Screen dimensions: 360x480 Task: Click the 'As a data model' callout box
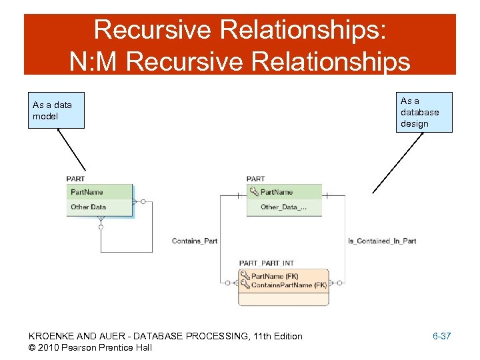coord(56,110)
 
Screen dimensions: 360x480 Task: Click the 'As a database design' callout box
coord(424,112)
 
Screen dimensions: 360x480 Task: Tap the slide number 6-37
coord(441,336)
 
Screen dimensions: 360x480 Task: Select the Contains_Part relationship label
coord(195,241)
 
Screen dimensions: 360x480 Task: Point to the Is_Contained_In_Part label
coord(382,241)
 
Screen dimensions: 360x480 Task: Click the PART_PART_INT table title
coord(267,263)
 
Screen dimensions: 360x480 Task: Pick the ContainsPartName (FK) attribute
coord(289,285)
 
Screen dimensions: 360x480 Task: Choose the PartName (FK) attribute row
coord(275,276)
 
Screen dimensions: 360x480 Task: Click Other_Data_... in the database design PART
coord(283,207)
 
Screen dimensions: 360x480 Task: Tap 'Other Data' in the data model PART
coord(89,207)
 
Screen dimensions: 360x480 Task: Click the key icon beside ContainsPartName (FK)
coord(245,285)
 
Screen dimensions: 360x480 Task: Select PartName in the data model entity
coord(87,192)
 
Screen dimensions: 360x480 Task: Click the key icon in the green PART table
coord(253,192)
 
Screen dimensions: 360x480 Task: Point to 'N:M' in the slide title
coord(95,61)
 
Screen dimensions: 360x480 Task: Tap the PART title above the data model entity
coord(76,179)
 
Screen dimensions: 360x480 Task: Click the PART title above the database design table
coord(255,179)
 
